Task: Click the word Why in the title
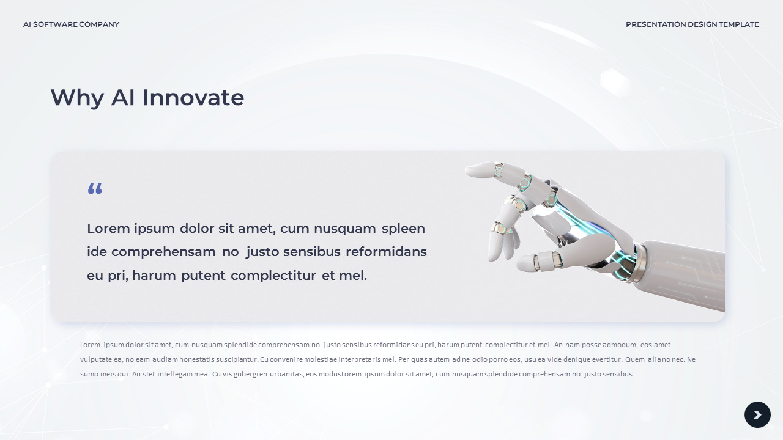[x=77, y=98]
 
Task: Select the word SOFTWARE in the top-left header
[x=55, y=24]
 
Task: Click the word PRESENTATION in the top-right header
[x=656, y=24]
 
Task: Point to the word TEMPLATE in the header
[x=738, y=24]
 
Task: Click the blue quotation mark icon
[x=95, y=188]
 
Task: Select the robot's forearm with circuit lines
[x=682, y=272]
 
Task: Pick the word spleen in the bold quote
[x=403, y=229]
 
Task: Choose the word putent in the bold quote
[x=203, y=276]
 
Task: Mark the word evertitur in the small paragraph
[x=607, y=359]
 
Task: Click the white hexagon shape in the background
[x=616, y=83]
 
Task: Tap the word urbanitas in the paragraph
[x=287, y=374]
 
